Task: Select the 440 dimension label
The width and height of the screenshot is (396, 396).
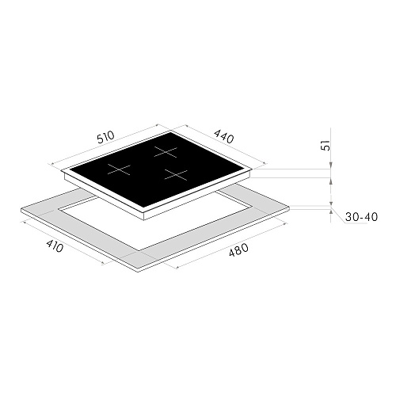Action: coord(223,136)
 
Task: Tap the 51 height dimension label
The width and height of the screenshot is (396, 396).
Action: coord(326,145)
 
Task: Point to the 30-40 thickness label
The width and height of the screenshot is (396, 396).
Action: coord(361,217)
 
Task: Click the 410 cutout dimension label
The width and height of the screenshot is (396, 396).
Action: coord(55,246)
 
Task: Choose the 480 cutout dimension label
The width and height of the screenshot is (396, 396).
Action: coord(238,249)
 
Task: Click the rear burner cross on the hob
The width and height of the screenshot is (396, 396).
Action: coord(166,152)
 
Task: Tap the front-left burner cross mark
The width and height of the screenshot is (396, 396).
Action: coord(119,169)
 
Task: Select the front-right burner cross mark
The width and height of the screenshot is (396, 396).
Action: coord(176,175)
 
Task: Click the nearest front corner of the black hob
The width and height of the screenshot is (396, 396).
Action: coord(144,208)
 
